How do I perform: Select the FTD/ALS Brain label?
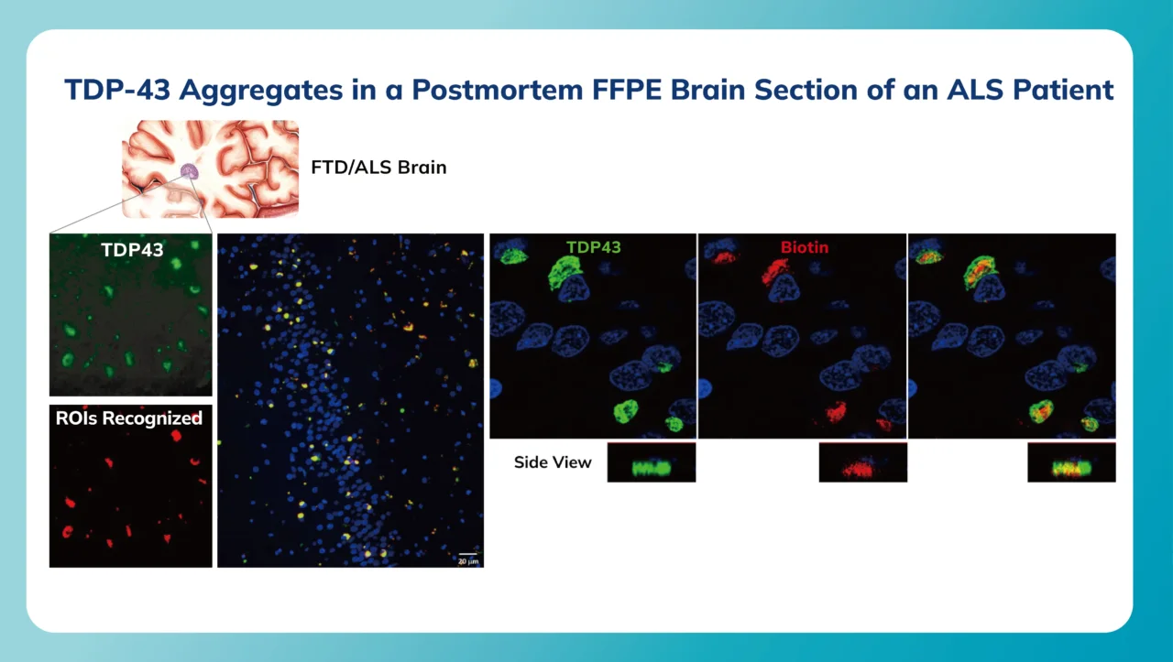click(379, 168)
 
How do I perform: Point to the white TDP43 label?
click(130, 249)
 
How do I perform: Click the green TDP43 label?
click(593, 247)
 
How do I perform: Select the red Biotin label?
click(805, 247)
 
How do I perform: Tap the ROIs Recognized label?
click(130, 418)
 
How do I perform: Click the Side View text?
click(553, 462)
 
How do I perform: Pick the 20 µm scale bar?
click(467, 557)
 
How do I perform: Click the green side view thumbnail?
click(651, 462)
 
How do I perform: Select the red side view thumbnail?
click(862, 462)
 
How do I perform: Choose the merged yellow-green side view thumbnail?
click(1071, 462)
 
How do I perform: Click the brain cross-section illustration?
click(212, 169)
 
